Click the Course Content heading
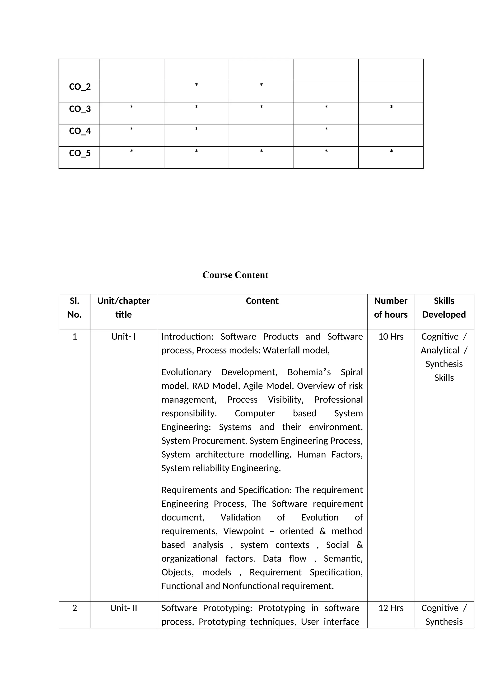tap(235, 275)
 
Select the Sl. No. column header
tap(75, 308)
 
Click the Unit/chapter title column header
tap(123, 308)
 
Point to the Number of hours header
tap(391, 308)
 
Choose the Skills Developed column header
tap(444, 308)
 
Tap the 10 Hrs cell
tap(391, 337)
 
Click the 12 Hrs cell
tap(391, 608)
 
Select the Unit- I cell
tap(123, 337)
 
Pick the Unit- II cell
tap(123, 608)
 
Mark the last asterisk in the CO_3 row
tap(391, 107)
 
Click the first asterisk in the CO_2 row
tap(196, 85)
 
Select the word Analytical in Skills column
tap(440, 350)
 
